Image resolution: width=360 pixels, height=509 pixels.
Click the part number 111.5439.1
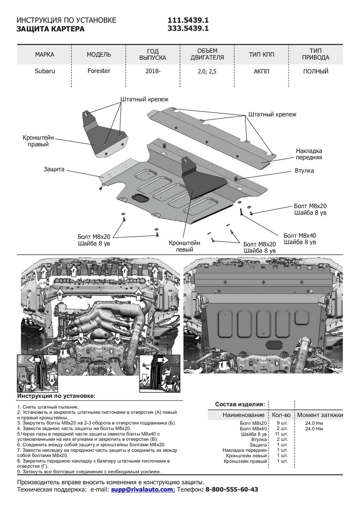(x=188, y=20)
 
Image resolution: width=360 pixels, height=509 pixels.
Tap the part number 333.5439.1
(x=188, y=29)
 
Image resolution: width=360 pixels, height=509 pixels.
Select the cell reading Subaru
(x=45, y=71)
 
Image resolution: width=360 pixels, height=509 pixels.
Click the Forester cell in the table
(x=98, y=71)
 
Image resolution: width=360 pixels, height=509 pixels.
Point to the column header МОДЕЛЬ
(x=98, y=54)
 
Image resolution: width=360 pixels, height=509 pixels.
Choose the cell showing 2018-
(x=153, y=71)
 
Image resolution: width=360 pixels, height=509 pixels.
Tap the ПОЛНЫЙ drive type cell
(x=315, y=71)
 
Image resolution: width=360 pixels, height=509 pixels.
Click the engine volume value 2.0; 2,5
(x=207, y=72)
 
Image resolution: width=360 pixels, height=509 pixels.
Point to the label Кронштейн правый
(x=38, y=141)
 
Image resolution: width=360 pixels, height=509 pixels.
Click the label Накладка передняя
(x=309, y=154)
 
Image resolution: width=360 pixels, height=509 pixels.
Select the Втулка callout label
(x=304, y=171)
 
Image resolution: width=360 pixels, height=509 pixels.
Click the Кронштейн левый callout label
(x=184, y=246)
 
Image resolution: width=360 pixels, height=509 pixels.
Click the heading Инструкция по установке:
(x=56, y=395)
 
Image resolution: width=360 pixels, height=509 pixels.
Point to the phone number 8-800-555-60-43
(x=231, y=489)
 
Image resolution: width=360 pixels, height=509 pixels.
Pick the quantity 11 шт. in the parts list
(x=281, y=434)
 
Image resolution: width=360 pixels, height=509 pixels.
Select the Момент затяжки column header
(x=320, y=415)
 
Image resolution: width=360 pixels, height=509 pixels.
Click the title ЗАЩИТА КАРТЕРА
(x=50, y=29)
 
